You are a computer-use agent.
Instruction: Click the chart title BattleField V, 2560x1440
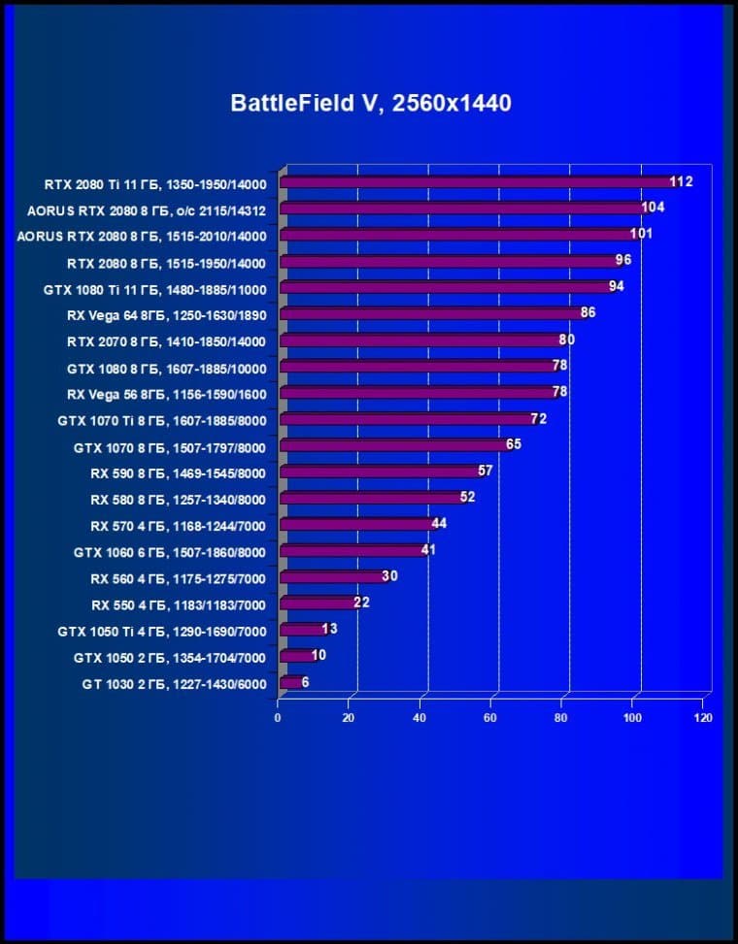click(x=370, y=102)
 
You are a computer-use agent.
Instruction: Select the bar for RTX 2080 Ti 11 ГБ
click(x=476, y=181)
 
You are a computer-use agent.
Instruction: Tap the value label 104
click(x=654, y=208)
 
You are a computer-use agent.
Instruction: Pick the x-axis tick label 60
click(x=490, y=718)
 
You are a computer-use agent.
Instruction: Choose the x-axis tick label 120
click(x=703, y=718)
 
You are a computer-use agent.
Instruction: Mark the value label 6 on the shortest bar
click(x=306, y=682)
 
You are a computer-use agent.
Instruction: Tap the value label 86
click(x=587, y=312)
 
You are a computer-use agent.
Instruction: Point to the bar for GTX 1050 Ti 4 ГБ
click(x=300, y=630)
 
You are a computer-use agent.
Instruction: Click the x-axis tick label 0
click(x=278, y=718)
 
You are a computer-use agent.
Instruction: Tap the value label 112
click(x=681, y=181)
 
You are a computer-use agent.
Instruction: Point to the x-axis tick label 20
click(x=349, y=718)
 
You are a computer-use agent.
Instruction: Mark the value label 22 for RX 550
click(x=361, y=602)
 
